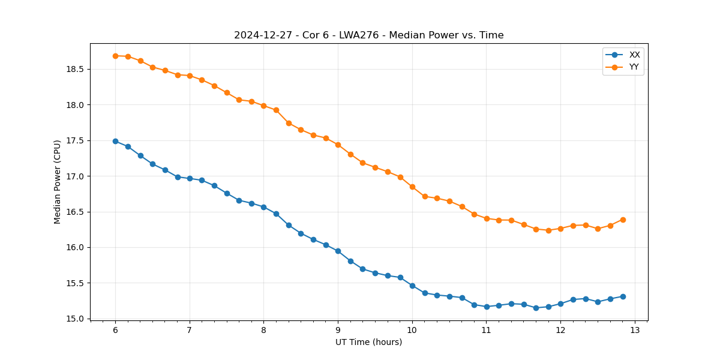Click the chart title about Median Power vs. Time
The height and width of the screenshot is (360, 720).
click(368, 35)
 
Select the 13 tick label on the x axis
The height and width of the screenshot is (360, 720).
click(635, 331)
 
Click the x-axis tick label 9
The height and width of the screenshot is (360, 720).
click(338, 331)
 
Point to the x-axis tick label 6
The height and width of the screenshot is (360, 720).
click(115, 331)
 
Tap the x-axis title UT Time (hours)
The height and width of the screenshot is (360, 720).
click(368, 342)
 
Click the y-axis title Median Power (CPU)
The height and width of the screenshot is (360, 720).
click(58, 182)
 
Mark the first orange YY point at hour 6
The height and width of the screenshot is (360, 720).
click(115, 56)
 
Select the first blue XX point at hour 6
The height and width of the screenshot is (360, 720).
click(115, 141)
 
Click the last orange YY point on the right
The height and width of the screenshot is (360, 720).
click(623, 220)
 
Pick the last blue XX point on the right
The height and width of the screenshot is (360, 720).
click(623, 296)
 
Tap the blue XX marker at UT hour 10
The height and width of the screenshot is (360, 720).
click(412, 286)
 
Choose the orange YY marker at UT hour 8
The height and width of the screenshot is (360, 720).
click(263, 106)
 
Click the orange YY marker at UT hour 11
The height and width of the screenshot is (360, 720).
click(487, 218)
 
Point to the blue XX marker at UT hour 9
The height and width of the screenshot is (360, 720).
click(338, 251)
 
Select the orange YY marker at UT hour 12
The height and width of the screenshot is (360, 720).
click(560, 229)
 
